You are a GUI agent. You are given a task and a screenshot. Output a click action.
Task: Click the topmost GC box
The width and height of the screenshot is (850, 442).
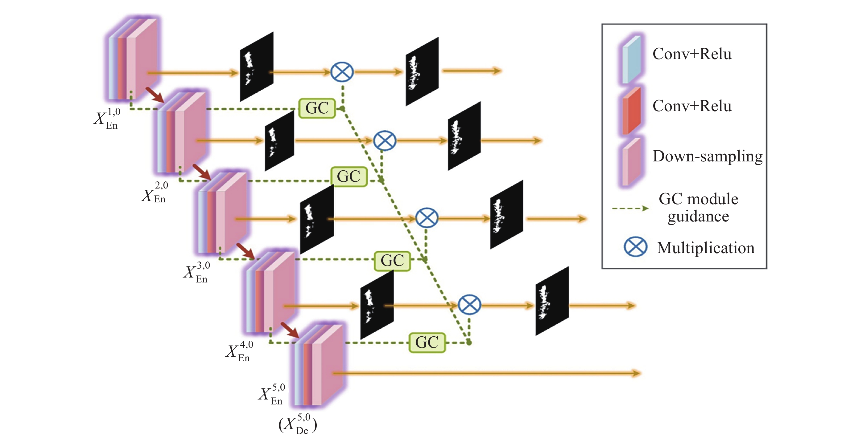tap(317, 108)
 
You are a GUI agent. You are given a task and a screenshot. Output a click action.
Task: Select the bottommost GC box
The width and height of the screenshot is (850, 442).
tap(427, 343)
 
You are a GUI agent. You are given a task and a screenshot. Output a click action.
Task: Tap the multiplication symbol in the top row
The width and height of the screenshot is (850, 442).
tap(342, 72)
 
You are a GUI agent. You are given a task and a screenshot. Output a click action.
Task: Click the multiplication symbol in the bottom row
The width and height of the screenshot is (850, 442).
tap(469, 305)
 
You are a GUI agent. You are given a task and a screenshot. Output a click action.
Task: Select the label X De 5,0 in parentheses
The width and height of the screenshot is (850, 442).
tap(298, 424)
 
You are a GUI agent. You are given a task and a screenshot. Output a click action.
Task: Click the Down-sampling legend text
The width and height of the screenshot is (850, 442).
tap(708, 156)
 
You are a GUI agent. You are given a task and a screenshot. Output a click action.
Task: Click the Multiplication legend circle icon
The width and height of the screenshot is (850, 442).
tap(635, 247)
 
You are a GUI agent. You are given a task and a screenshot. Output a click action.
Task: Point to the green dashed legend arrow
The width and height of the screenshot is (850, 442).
tap(630, 208)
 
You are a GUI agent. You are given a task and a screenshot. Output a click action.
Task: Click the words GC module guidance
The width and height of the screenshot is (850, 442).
tap(698, 208)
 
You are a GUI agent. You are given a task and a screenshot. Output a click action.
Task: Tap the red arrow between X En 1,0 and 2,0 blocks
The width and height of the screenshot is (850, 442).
tap(155, 95)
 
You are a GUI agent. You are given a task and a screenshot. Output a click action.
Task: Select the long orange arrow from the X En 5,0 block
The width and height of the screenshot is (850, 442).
tap(486, 373)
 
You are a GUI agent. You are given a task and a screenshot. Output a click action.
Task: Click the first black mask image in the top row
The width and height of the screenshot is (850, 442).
tap(256, 67)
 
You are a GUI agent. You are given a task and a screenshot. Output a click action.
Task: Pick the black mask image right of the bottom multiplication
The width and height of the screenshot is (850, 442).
tap(552, 301)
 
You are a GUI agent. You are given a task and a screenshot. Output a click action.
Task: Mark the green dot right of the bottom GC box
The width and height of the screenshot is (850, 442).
tap(468, 343)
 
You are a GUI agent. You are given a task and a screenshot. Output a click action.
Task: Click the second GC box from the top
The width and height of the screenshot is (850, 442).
tap(349, 177)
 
